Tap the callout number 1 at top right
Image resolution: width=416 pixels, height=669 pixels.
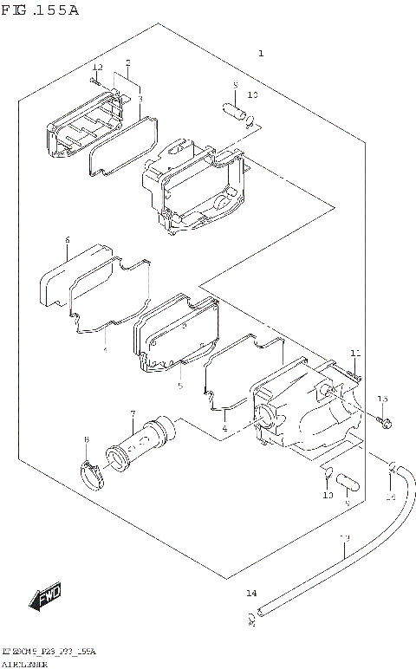(260, 54)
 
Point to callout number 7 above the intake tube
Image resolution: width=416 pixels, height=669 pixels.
(133, 413)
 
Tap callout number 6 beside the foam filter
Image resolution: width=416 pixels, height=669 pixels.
(67, 240)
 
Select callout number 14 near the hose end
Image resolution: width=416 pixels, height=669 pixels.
(251, 594)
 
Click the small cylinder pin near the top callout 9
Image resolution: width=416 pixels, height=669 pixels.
(236, 112)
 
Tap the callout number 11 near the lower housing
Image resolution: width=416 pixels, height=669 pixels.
(354, 352)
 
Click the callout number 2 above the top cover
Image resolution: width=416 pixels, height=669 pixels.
(127, 62)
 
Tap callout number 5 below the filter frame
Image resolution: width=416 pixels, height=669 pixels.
(179, 386)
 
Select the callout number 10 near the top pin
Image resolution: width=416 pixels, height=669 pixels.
(253, 94)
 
